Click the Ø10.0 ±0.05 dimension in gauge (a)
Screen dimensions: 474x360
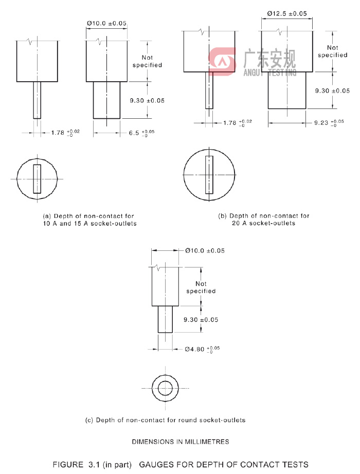[106, 24]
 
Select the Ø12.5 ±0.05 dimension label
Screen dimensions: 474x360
[286, 14]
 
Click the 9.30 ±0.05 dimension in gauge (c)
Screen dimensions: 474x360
[201, 320]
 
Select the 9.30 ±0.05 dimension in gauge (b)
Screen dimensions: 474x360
[332, 90]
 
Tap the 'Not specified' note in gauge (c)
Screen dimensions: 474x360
[201, 287]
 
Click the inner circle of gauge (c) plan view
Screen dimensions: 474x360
[166, 388]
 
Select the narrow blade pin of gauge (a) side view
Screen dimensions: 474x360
[37, 100]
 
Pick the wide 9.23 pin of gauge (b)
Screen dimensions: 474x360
[287, 90]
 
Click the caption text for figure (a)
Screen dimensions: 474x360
[89, 220]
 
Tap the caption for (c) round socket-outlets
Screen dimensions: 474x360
[165, 420]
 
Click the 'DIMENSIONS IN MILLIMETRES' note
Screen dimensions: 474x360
[181, 442]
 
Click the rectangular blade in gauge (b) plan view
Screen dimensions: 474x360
[209, 175]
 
